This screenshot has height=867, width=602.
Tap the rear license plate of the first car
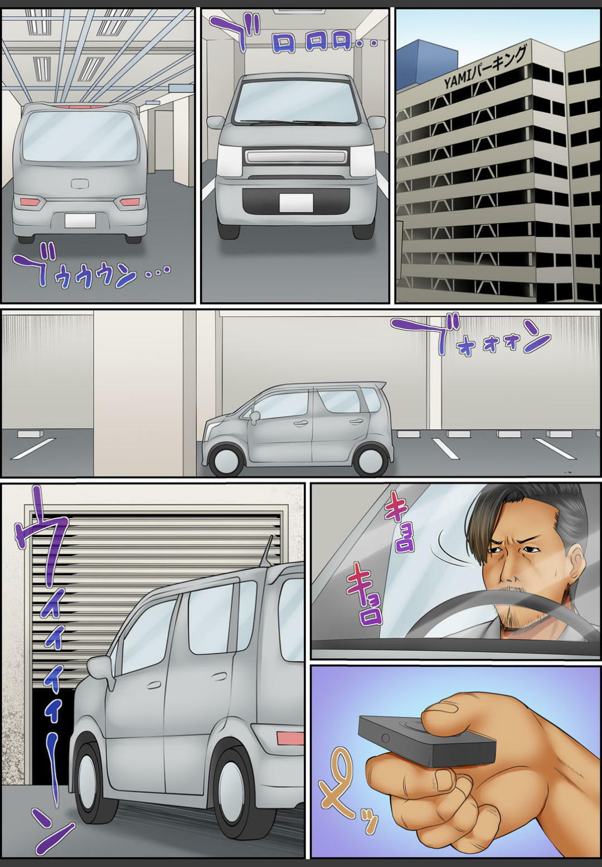pyautogui.click(x=80, y=220)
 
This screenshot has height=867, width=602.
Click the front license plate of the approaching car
pyautogui.click(x=297, y=203)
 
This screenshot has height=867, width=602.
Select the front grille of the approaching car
pyautogui.click(x=296, y=157)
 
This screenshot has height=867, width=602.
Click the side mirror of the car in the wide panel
pyautogui.click(x=255, y=416)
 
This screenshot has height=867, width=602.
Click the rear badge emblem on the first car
pyautogui.click(x=80, y=182)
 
